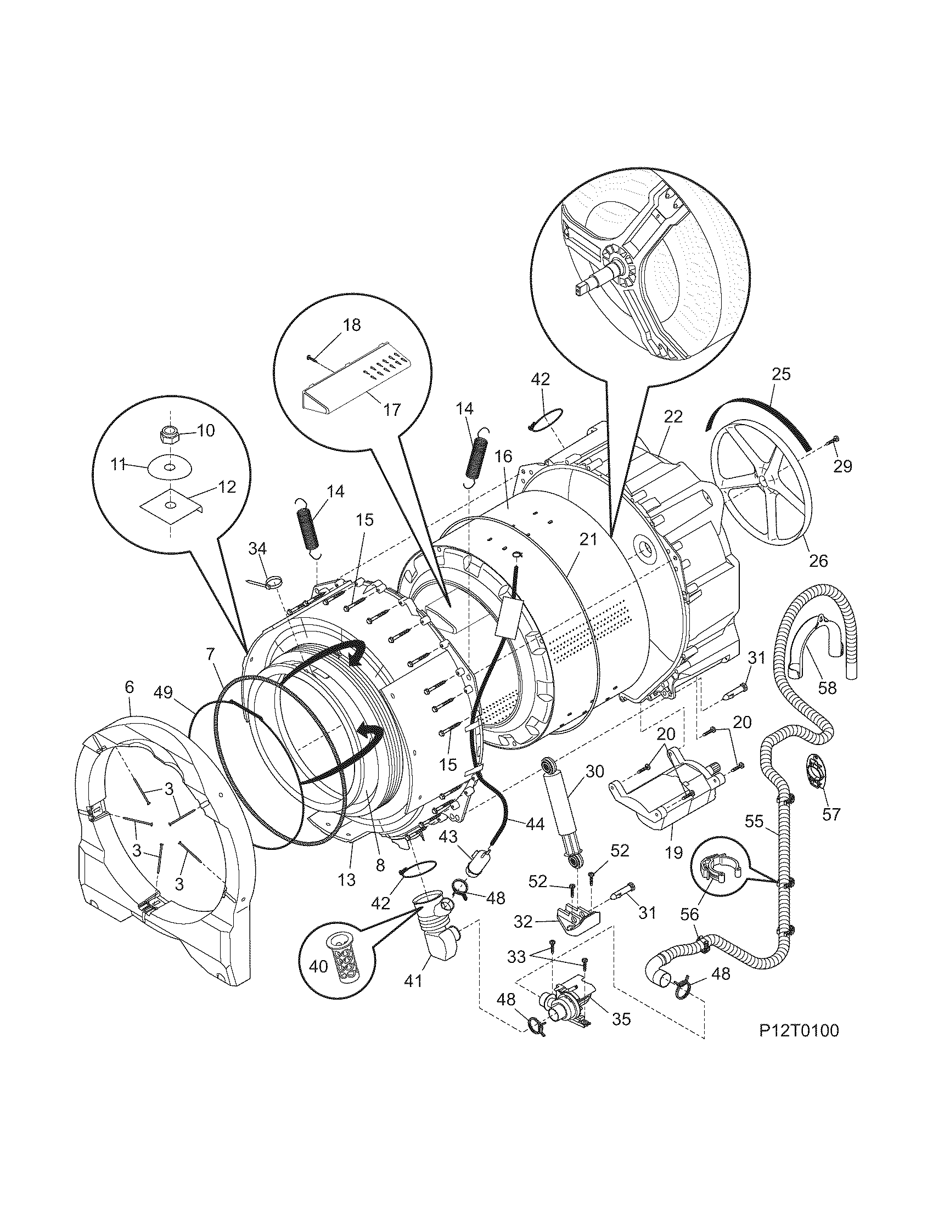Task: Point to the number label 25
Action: click(780, 374)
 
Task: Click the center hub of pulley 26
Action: click(763, 482)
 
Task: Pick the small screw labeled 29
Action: click(832, 439)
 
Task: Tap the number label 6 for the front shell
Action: click(129, 687)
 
